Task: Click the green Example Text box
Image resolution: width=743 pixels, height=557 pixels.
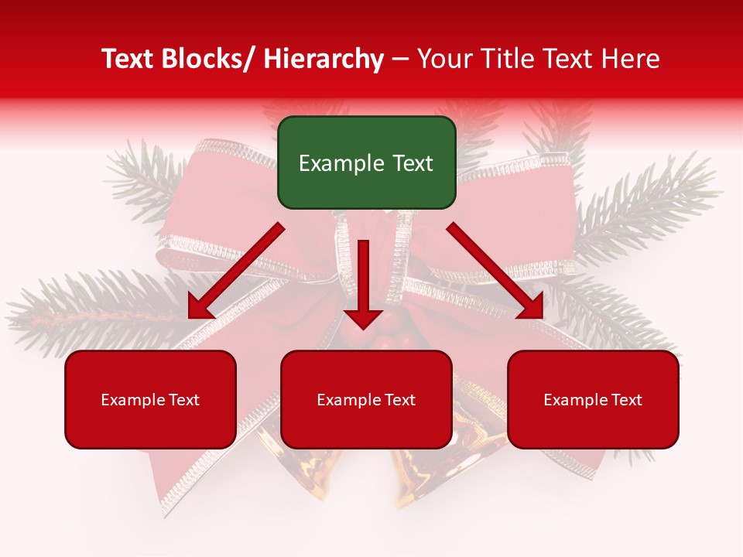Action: point(366,162)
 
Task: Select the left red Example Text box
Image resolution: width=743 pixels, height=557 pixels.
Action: point(150,399)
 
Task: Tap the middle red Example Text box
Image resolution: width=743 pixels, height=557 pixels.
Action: point(366,399)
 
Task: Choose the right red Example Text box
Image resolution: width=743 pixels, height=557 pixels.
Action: point(593,399)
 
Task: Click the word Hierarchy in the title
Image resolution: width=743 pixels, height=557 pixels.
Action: point(324,60)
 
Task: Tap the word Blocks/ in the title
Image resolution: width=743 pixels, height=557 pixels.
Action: point(210,60)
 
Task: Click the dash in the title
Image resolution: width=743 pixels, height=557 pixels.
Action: point(400,60)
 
